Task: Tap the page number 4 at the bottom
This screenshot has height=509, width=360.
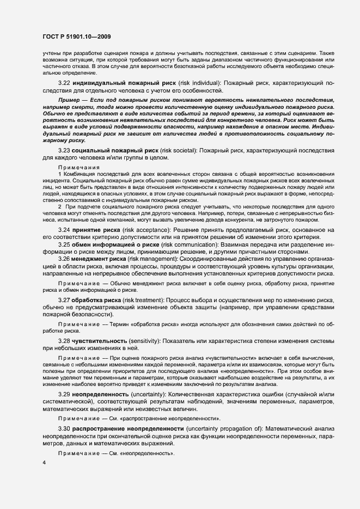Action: tap(44, 462)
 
